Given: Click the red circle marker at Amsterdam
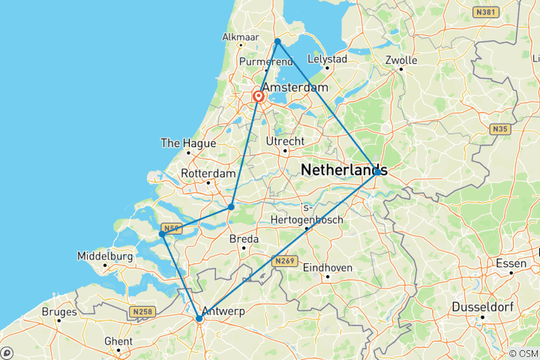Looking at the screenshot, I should (259, 96).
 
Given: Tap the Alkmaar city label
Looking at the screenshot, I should (238, 37).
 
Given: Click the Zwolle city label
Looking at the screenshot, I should (401, 59).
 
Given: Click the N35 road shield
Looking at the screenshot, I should (499, 130).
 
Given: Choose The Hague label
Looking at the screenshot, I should (188, 143).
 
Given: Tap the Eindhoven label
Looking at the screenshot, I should (328, 268).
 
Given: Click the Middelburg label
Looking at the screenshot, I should (105, 256).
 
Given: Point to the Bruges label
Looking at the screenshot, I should (60, 311).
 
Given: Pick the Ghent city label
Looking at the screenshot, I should (118, 341).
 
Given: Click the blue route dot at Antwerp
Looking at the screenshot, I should (199, 319).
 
